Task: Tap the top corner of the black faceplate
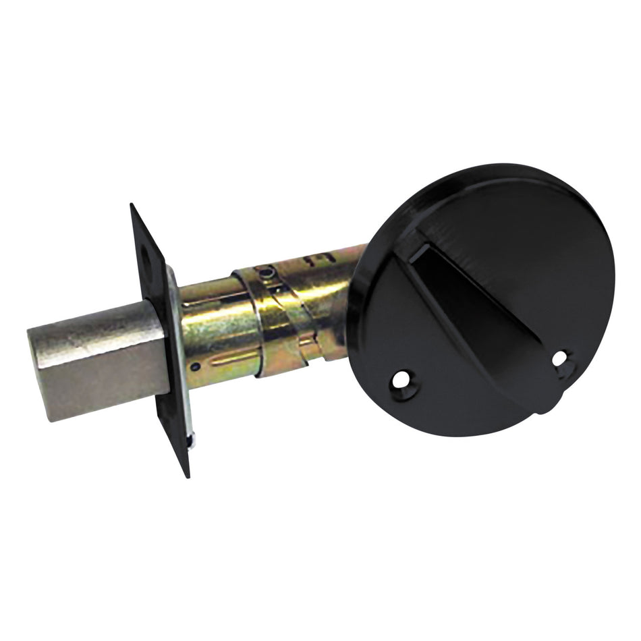click(132, 205)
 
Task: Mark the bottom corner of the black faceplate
click(187, 476)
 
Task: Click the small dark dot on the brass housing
click(194, 366)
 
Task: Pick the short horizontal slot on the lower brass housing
click(229, 356)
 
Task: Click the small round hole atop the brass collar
click(269, 273)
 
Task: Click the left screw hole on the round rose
click(402, 381)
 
